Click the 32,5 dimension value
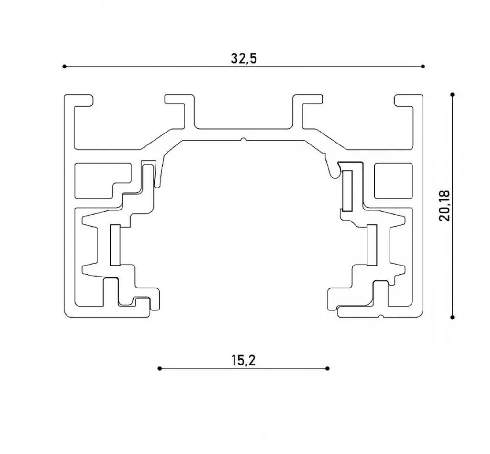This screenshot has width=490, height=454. pyautogui.click(x=244, y=58)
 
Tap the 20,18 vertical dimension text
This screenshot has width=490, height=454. pyautogui.click(x=445, y=206)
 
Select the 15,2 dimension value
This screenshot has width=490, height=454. pyautogui.click(x=244, y=360)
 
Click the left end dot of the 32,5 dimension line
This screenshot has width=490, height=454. pyautogui.click(x=65, y=66)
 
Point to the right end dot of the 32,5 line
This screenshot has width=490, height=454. pyautogui.click(x=423, y=66)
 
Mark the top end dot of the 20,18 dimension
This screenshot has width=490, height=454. pyautogui.click(x=453, y=94)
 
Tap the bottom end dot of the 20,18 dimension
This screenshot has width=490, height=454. pyautogui.click(x=453, y=317)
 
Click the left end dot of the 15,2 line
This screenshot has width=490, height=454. pyautogui.click(x=160, y=369)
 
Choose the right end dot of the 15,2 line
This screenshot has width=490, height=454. pyautogui.click(x=327, y=369)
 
